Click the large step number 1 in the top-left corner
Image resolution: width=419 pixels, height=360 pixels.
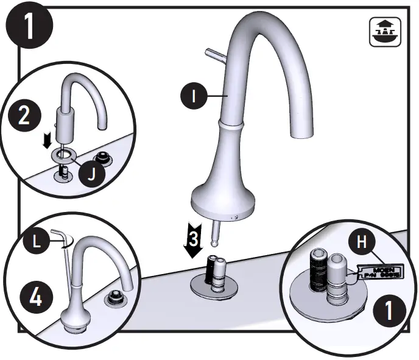pos(27,25)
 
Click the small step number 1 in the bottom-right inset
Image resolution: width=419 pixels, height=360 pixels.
pos(387,311)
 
